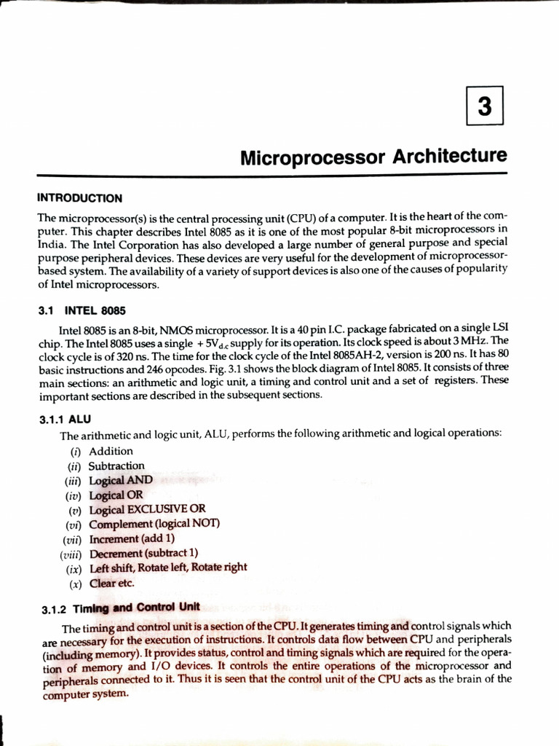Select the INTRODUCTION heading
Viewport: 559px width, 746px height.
tap(80, 198)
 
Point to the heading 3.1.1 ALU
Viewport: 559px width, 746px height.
tap(65, 419)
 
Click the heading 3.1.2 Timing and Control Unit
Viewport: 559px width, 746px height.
tap(120, 608)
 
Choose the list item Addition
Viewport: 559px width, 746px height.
tap(111, 451)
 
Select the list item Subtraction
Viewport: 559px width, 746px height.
tap(116, 466)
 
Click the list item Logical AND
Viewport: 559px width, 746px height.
tap(121, 480)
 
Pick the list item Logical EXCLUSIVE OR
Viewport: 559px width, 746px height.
tap(147, 509)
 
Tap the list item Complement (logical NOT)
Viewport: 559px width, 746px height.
tap(154, 524)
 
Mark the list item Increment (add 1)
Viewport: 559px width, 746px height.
tap(132, 538)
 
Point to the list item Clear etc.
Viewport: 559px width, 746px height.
tap(112, 583)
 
